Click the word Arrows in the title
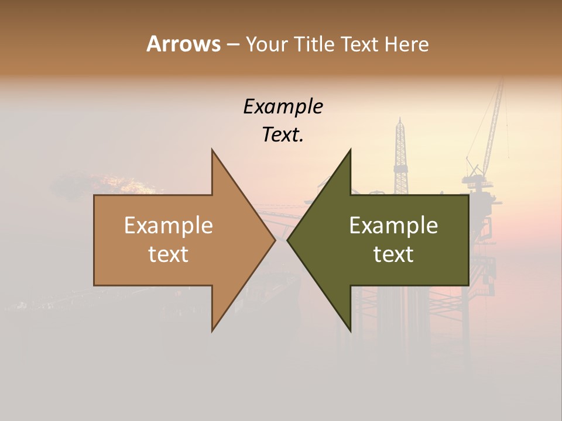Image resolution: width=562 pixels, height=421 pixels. tap(183, 44)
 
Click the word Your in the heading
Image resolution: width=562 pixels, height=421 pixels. tap(266, 44)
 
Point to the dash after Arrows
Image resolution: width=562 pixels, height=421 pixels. tap(232, 44)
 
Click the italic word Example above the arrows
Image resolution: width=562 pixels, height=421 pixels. tap(283, 107)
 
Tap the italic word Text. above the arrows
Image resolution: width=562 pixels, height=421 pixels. tap(283, 135)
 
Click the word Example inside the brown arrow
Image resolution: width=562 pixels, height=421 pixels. tap(169, 226)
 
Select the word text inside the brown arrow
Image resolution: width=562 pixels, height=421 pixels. tap(169, 254)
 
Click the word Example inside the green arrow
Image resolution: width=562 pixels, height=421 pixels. tap(393, 226)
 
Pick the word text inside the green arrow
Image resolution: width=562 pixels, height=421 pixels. tap(393, 254)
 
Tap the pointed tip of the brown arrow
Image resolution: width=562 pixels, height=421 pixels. tap(274, 240)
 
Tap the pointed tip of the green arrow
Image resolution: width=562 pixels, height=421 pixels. tap(289, 240)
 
